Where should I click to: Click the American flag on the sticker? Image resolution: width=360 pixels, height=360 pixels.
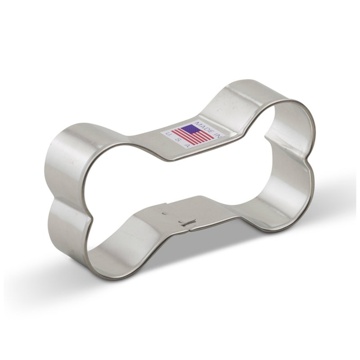pyautogui.click(x=192, y=135)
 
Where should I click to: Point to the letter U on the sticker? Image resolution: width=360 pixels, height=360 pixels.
pyautogui.click(x=167, y=134)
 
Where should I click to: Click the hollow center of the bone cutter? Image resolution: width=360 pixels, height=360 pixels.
pyautogui.click(x=180, y=180)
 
